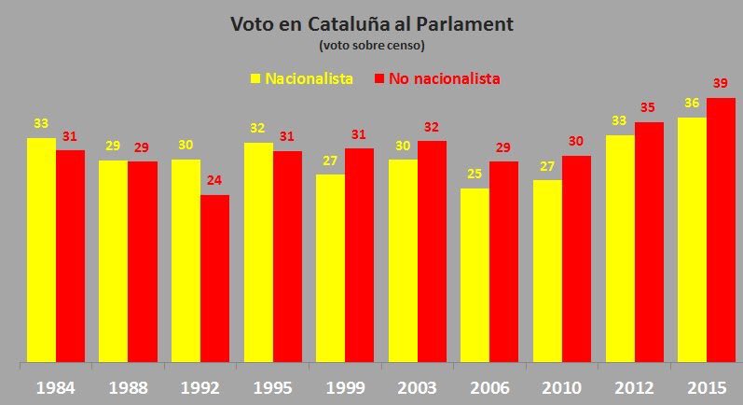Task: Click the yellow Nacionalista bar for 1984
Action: coord(41,249)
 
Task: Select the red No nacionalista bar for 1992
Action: coord(214,278)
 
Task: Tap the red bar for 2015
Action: coord(721,229)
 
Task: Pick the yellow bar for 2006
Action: coord(475,274)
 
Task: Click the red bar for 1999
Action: coord(359,254)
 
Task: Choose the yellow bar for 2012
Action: coord(620,248)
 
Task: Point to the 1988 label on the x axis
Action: coord(129,385)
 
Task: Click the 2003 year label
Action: coord(417,385)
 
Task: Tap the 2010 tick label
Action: coord(561,385)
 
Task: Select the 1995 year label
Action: coord(272,385)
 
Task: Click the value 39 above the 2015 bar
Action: coord(720,84)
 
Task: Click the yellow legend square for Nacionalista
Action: coord(255,78)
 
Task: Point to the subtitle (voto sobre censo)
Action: coord(371,45)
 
